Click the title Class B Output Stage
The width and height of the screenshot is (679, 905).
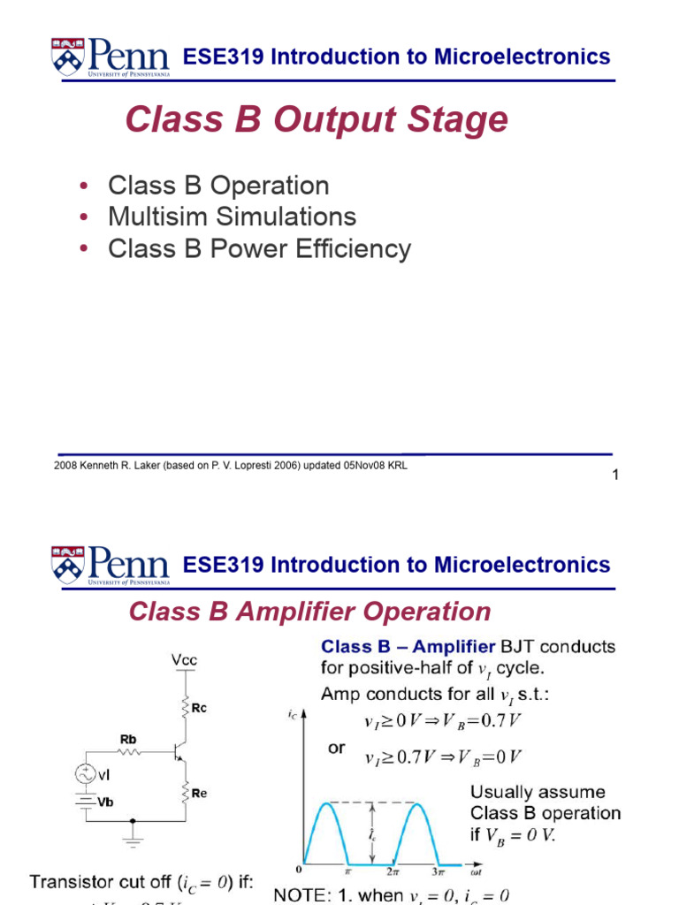[x=317, y=120]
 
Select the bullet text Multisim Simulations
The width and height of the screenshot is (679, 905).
[x=232, y=217]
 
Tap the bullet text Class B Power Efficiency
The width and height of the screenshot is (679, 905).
[x=259, y=249]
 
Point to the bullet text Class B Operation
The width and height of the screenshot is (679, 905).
[x=218, y=186]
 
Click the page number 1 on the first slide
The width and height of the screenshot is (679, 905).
[x=615, y=476]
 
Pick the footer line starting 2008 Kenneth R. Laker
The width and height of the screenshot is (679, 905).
[x=231, y=465]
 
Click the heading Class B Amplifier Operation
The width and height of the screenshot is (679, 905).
[x=309, y=612]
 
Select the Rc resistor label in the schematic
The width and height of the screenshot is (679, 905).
[x=200, y=708]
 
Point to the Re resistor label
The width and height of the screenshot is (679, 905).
[x=200, y=794]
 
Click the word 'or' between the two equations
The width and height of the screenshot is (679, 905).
[x=337, y=749]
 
